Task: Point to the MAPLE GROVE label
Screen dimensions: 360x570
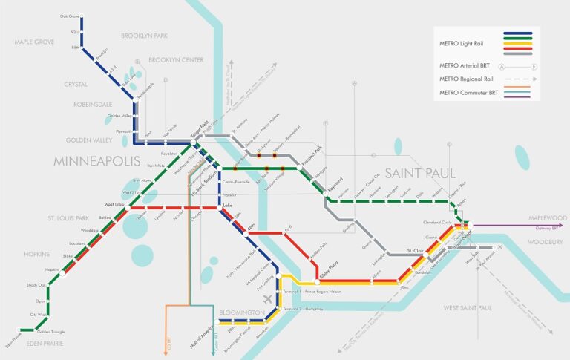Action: (x=35, y=42)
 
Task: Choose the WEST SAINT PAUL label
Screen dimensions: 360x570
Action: (x=468, y=307)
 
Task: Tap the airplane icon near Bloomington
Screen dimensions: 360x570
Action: (x=268, y=298)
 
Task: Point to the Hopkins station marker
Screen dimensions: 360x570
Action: (x=64, y=272)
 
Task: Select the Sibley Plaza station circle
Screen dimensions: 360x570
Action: (x=316, y=283)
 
